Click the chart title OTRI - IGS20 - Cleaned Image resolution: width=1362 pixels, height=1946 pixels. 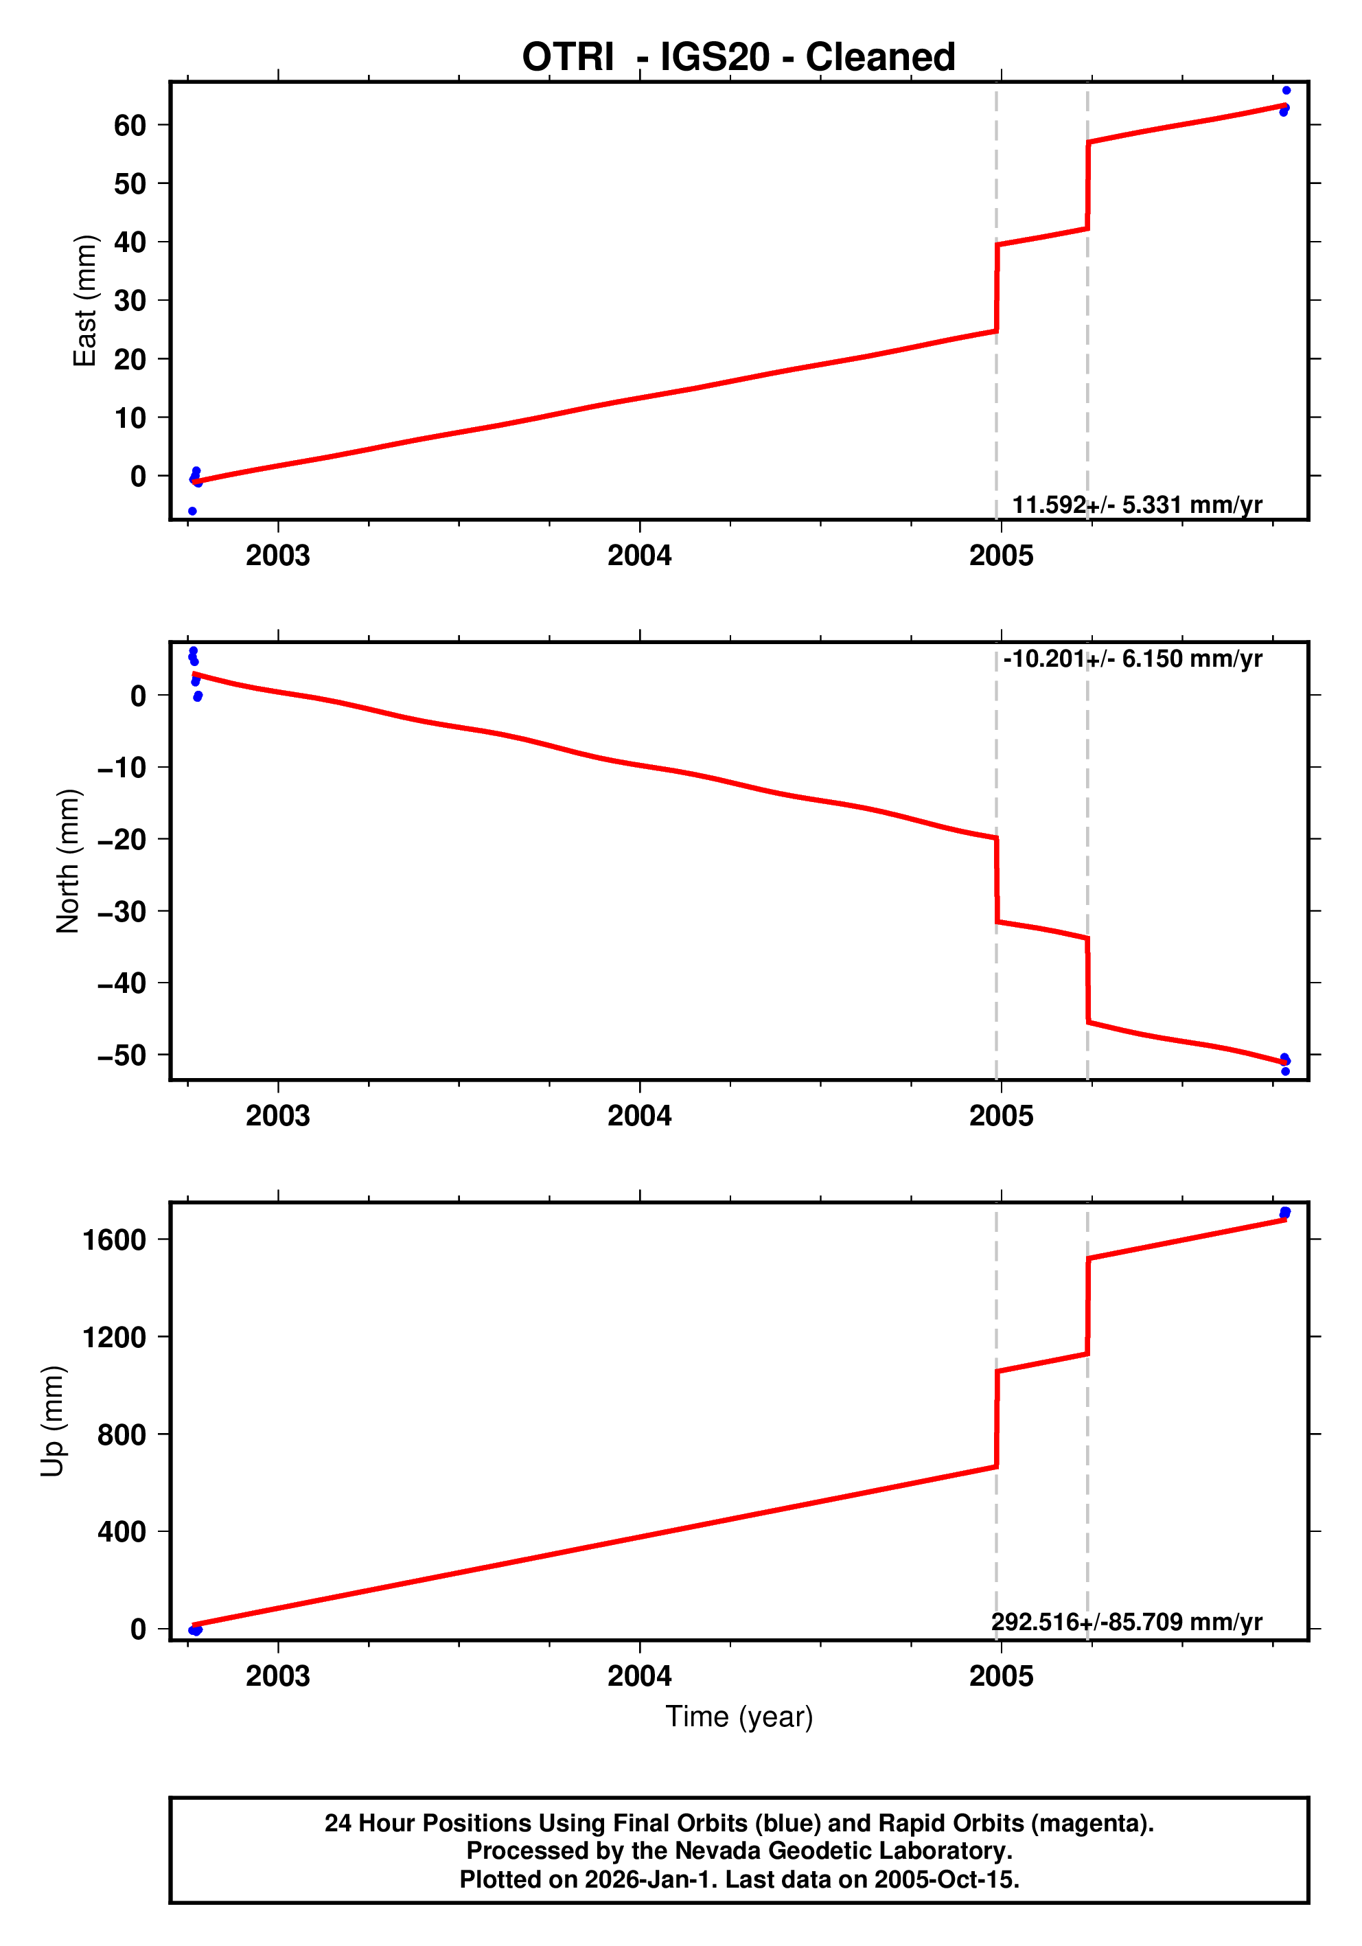coord(738,57)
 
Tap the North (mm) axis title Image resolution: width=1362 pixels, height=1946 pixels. coord(68,861)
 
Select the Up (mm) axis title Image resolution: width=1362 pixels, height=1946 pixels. coord(53,1421)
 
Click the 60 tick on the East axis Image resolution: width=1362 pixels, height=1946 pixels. coord(130,126)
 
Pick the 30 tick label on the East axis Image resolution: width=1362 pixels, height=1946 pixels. coord(130,301)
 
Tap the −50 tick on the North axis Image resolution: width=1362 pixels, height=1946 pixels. coord(122,1056)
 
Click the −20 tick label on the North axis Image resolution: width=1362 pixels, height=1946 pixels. coord(122,840)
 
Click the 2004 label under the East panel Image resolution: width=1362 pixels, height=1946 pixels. coord(639,556)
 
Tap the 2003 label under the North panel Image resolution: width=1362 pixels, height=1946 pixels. coord(278,1117)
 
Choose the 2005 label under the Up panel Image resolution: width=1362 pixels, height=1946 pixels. coord(1001,1676)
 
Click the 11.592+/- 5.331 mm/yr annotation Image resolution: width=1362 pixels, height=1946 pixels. coord(1137,505)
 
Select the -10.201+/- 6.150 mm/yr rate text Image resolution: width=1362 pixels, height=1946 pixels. coord(1132,659)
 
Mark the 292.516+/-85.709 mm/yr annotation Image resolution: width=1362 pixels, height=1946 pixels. coord(1127,1622)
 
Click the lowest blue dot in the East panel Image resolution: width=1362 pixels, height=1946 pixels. coord(192,511)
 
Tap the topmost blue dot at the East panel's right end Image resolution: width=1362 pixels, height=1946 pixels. coord(1286,91)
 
